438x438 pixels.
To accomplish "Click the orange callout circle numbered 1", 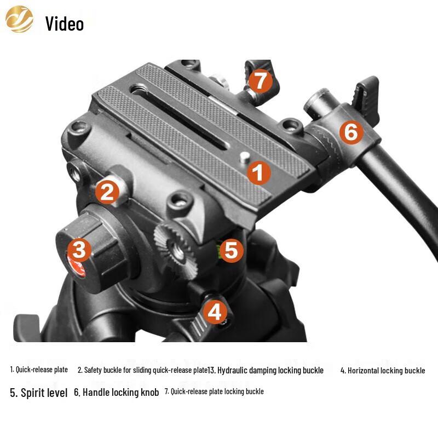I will coord(258,173).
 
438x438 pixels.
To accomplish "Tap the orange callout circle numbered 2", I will coord(107,192).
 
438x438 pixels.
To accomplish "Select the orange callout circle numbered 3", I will coord(80,250).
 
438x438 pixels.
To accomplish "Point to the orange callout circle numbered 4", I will coord(215,312).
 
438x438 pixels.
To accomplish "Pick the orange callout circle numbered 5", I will coord(231,250).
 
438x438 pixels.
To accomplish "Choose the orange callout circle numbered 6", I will coord(351,132).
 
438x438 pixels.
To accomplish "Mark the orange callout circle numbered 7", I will coord(260,82).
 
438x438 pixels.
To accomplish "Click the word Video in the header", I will coord(65,24).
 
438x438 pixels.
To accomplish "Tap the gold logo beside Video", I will coord(19,19).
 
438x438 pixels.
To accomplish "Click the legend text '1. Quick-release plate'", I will coord(39,370).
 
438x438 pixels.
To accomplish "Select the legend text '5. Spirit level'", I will coord(39,393).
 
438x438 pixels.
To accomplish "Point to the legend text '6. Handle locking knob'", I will coord(116,393).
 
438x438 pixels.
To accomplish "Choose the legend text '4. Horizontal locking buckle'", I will coord(382,370).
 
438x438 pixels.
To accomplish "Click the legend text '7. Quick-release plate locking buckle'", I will coord(214,391).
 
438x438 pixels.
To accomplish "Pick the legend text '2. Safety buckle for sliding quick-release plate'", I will coord(142,370).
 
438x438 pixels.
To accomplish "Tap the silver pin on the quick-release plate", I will coord(244,157).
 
